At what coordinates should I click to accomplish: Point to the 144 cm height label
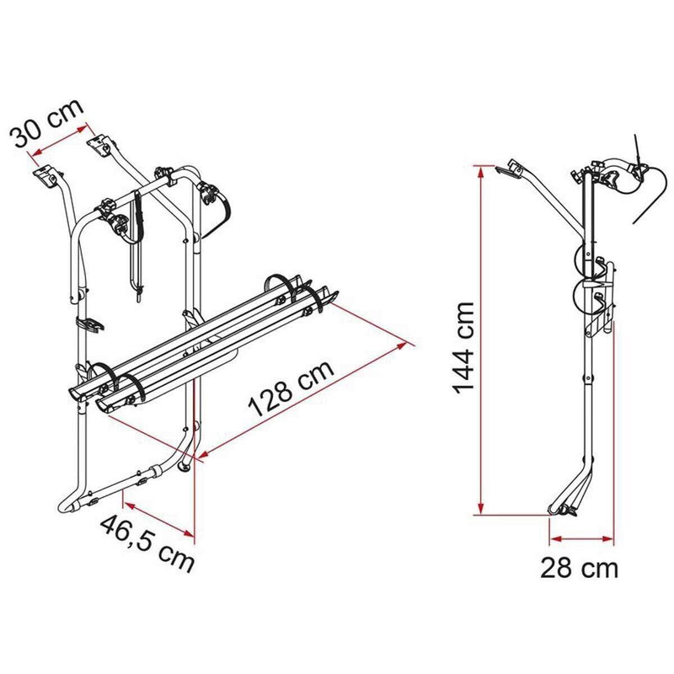pyautogui.click(x=465, y=349)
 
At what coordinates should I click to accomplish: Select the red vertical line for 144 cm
pyautogui.click(x=480, y=337)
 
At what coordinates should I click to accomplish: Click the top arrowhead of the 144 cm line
pyautogui.click(x=480, y=168)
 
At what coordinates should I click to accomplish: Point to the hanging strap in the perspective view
pyautogui.click(x=135, y=244)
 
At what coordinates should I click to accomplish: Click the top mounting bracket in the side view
pyautogui.click(x=508, y=169)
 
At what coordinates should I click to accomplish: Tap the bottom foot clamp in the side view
pyautogui.click(x=563, y=509)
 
